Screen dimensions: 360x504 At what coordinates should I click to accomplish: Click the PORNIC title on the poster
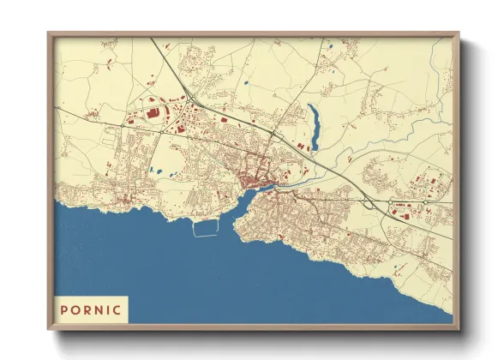coord(91,309)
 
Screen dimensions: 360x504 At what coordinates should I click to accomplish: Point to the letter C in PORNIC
coord(117,309)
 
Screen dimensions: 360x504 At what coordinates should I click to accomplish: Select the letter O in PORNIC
coord(77,309)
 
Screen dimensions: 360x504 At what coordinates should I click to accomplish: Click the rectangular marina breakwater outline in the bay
coord(206,228)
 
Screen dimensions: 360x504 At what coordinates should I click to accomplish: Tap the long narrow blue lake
coord(314,125)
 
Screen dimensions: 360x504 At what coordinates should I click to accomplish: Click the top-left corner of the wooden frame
coord(49,33)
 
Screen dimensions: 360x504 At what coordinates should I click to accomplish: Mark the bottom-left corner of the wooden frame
coord(49,329)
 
